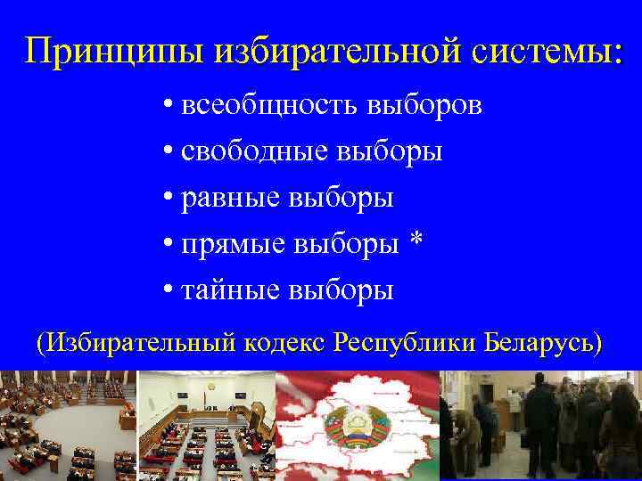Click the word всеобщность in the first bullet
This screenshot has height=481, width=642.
267,106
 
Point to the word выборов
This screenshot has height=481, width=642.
424,106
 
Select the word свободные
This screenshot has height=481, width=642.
254,152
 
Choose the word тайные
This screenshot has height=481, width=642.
230,290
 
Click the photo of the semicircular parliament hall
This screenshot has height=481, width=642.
68,426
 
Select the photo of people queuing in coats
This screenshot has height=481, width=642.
540,426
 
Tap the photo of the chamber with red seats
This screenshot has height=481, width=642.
206,426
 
